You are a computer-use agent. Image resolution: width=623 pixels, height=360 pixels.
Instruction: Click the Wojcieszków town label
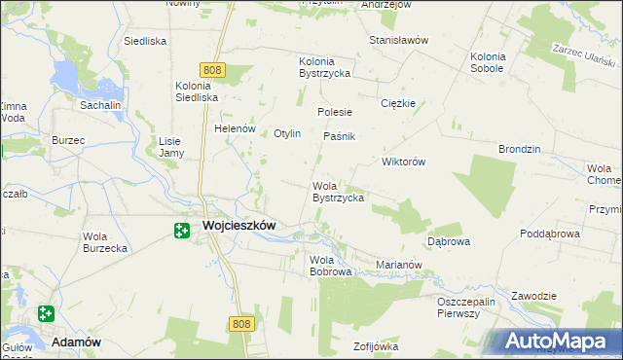point(238,225)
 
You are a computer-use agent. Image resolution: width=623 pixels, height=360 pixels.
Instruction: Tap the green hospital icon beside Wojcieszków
point(181,231)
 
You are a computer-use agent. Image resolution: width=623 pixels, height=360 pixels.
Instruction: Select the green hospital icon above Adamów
point(46,313)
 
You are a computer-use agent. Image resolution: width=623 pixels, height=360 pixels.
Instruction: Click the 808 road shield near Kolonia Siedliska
point(214,69)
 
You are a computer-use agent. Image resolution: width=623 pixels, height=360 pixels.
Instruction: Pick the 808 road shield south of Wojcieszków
point(243,323)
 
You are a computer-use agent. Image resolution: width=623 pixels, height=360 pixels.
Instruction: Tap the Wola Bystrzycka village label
point(338,192)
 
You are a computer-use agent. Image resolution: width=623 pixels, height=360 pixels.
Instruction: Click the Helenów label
point(235,128)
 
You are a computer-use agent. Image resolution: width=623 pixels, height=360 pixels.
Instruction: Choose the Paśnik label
point(340,136)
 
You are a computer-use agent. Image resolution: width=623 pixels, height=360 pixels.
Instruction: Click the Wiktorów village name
point(404,162)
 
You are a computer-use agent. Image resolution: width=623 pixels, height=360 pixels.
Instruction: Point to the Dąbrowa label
point(449,240)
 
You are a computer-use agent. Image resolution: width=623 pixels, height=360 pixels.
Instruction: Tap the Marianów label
point(398,264)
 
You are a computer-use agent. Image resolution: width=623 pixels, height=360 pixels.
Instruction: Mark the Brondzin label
point(519,150)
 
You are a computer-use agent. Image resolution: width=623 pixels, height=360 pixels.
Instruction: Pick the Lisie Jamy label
point(171,147)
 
